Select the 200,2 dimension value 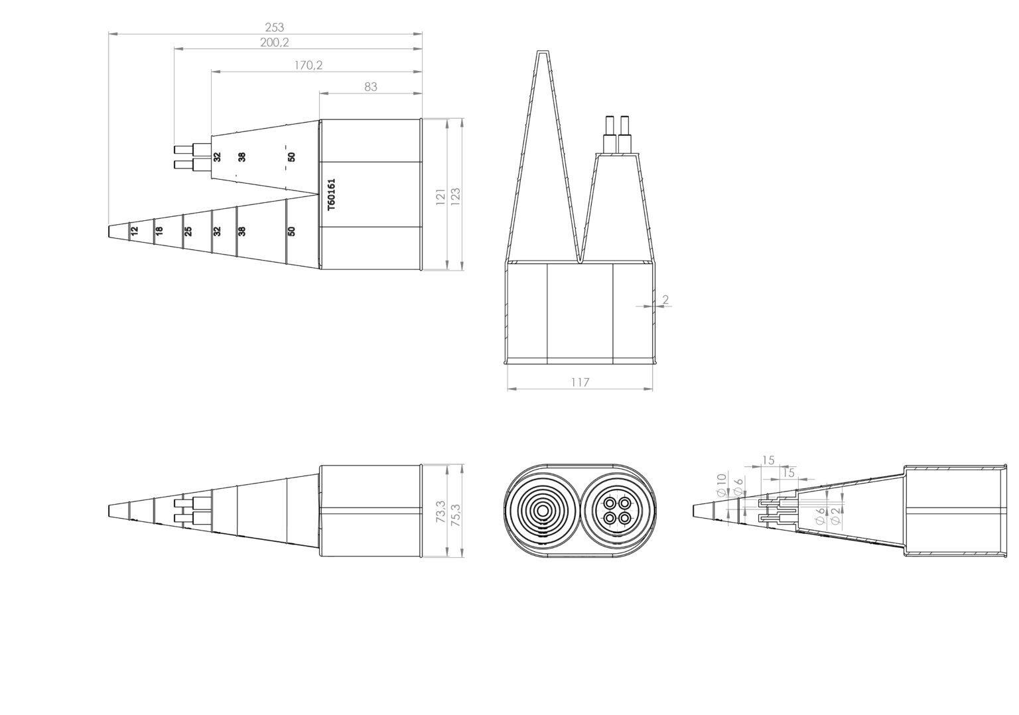[274, 42]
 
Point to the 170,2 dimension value [308, 65]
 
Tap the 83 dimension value [371, 86]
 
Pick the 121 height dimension [441, 197]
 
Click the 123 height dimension [455, 197]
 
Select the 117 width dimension [580, 382]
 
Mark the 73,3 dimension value [441, 511]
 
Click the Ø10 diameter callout [720, 484]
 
